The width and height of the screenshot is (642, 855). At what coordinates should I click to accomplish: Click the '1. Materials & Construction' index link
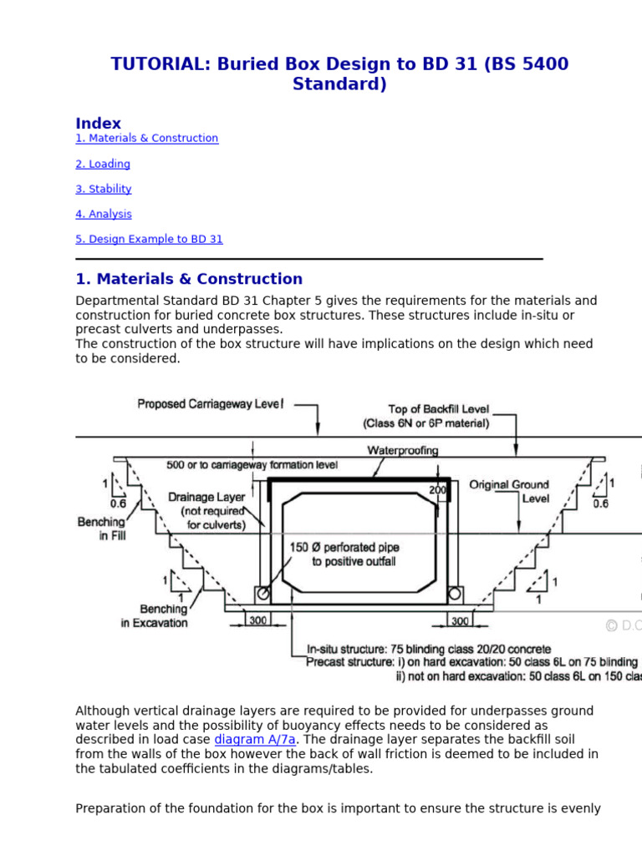(146, 139)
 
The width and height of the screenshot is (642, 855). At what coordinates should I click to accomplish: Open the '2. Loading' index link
(103, 164)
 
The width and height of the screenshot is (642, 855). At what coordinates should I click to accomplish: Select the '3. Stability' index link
(103, 190)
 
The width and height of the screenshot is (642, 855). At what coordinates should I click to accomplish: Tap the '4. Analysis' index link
(103, 215)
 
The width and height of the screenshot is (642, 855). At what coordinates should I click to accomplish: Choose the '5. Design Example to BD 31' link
(149, 240)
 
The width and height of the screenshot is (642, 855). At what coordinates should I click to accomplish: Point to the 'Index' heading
(98, 123)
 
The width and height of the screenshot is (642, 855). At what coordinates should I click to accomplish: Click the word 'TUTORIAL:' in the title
(160, 64)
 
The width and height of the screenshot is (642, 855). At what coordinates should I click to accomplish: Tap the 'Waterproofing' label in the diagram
(403, 450)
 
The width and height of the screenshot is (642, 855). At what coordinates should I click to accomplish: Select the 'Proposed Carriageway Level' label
(210, 404)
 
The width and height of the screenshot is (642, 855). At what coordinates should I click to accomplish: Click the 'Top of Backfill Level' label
(439, 410)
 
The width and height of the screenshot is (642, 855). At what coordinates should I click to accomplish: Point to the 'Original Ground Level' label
(509, 491)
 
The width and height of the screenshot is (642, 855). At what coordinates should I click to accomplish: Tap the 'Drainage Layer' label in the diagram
(206, 497)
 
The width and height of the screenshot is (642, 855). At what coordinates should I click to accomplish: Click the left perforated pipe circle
(263, 594)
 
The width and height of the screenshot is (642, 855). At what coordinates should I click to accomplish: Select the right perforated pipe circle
(456, 594)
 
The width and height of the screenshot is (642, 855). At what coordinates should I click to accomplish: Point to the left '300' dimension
(258, 621)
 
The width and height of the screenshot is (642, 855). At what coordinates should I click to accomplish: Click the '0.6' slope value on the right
(600, 503)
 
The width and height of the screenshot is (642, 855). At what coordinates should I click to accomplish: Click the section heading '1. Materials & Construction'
(189, 279)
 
